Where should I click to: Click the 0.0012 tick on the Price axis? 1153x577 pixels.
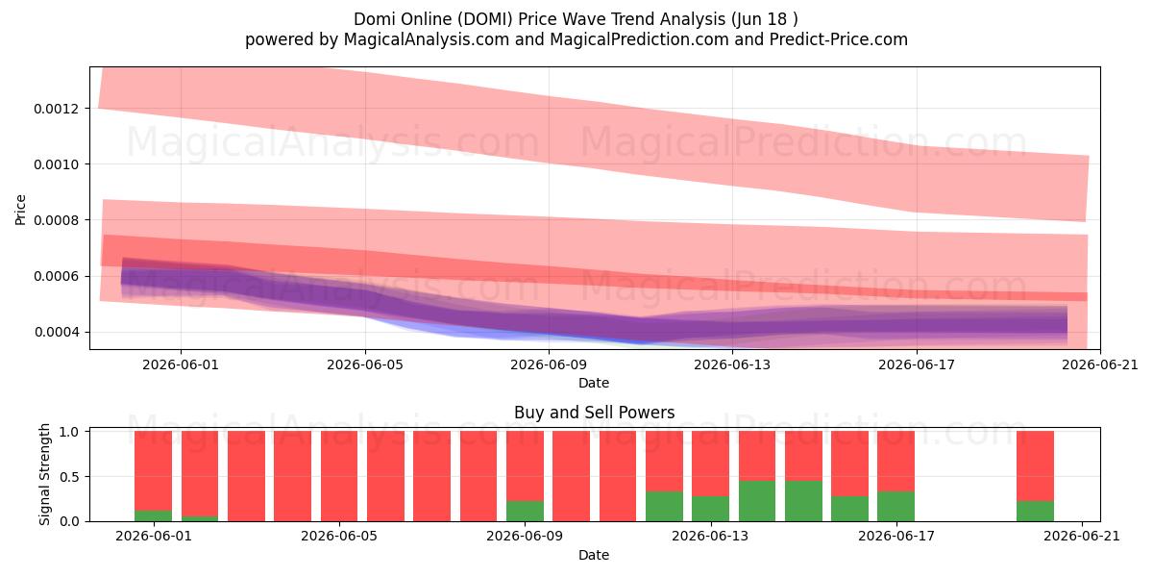click(x=56, y=109)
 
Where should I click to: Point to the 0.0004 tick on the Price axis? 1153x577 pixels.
click(x=56, y=333)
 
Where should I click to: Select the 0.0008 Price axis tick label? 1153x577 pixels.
click(x=56, y=220)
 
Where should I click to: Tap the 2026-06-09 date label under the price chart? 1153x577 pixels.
click(x=549, y=364)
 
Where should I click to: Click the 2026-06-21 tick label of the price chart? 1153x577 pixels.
click(x=1100, y=364)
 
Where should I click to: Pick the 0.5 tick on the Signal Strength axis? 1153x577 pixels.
click(x=69, y=477)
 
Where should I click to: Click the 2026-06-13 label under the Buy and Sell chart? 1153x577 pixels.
click(x=711, y=537)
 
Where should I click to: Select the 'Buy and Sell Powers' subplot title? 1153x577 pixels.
click(x=594, y=413)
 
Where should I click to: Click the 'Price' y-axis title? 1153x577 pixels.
click(x=20, y=210)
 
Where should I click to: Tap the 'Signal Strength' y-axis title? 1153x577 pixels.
click(x=45, y=474)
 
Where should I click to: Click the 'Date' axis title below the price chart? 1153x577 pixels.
click(x=594, y=383)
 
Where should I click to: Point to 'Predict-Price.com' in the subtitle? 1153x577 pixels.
click(x=839, y=39)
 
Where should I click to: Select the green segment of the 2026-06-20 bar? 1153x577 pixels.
click(x=1035, y=511)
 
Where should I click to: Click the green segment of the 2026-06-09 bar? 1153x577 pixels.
click(x=525, y=511)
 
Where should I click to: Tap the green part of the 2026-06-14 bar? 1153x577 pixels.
click(x=757, y=501)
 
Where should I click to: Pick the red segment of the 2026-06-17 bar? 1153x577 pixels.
click(x=896, y=462)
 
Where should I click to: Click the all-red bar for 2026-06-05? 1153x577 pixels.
click(x=339, y=477)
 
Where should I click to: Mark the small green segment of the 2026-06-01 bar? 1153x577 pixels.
click(x=154, y=516)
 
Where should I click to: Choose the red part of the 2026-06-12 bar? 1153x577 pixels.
click(x=665, y=462)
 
